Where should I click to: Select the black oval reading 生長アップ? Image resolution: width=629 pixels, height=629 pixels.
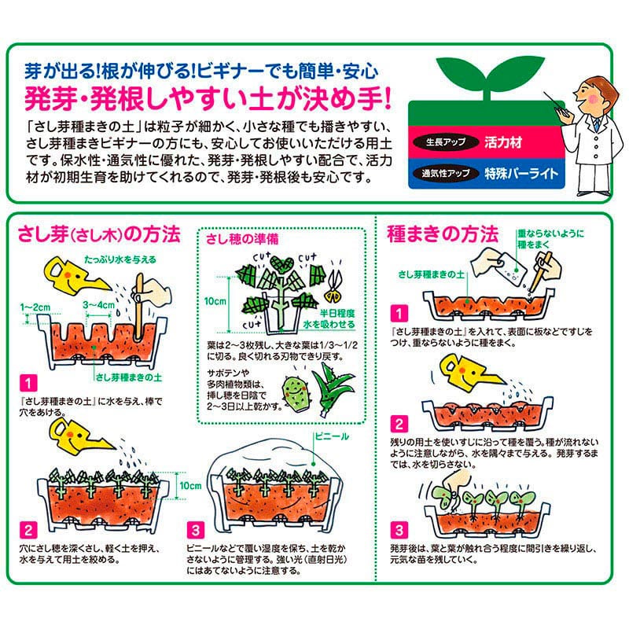pyautogui.click(x=446, y=142)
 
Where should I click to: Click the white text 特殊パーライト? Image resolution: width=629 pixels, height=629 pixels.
pyautogui.click(x=521, y=173)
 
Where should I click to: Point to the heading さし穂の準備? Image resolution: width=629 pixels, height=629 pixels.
pyautogui.click(x=242, y=239)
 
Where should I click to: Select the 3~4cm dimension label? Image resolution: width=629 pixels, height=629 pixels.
pyautogui.click(x=99, y=305)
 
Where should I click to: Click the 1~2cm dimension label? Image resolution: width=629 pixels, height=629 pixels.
pyautogui.click(x=35, y=307)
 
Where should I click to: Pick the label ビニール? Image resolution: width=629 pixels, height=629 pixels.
pyautogui.click(x=332, y=436)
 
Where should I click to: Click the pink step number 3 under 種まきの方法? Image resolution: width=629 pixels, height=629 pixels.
pyautogui.click(x=399, y=530)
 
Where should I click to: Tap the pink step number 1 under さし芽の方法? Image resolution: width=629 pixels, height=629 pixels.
pyautogui.click(x=28, y=384)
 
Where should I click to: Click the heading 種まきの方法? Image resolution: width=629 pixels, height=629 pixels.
pyautogui.click(x=443, y=234)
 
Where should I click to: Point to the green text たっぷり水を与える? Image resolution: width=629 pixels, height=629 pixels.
pyautogui.click(x=120, y=259)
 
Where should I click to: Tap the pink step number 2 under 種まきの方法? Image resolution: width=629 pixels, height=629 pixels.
pyautogui.click(x=399, y=425)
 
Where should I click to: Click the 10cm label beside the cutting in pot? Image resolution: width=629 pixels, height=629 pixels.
pyautogui.click(x=215, y=301)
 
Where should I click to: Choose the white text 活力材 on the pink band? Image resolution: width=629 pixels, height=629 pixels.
pyautogui.click(x=503, y=142)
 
